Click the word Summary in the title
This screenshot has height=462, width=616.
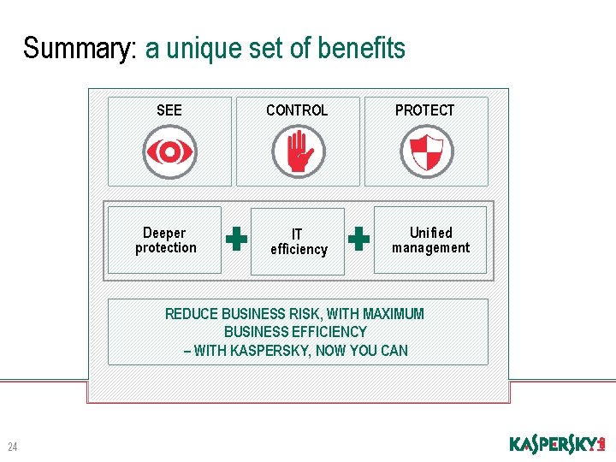click(80, 49)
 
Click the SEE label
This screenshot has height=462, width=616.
click(169, 110)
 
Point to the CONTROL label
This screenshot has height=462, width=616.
click(297, 110)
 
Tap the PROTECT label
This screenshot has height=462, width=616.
click(424, 110)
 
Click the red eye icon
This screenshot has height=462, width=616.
click(169, 152)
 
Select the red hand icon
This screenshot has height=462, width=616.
click(299, 152)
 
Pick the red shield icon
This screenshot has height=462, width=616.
click(426, 151)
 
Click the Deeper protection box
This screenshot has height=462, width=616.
click(165, 240)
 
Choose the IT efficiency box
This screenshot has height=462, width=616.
click(298, 241)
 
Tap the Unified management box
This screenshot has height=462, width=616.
click(430, 240)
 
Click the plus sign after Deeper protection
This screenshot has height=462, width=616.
click(236, 240)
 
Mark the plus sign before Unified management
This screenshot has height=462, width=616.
click(360, 240)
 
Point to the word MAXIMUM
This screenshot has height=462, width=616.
click(394, 314)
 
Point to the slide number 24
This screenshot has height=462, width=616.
click(13, 446)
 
